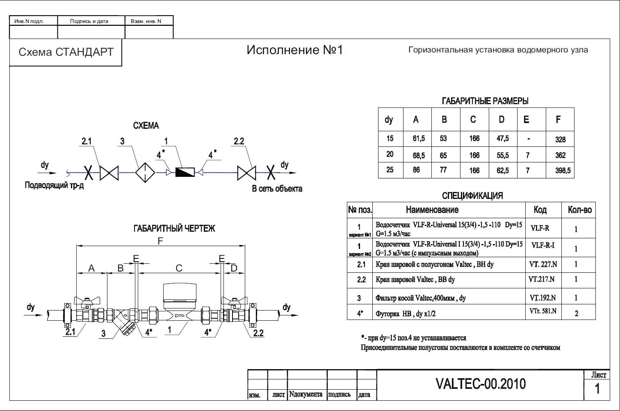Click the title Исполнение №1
click(294, 50)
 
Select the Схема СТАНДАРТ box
click(66, 52)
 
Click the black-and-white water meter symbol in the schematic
click(185, 172)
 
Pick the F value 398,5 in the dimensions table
click(563, 171)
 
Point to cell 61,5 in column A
click(418, 139)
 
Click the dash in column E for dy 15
click(529, 139)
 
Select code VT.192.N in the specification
click(542, 298)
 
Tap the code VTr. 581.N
click(542, 311)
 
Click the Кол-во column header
click(579, 210)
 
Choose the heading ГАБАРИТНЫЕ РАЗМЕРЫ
click(485, 101)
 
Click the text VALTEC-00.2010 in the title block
click(480, 384)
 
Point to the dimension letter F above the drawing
click(160, 241)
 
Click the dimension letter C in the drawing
click(179, 268)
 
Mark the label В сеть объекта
click(277, 189)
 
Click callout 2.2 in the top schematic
click(239, 142)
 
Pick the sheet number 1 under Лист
click(597, 388)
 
